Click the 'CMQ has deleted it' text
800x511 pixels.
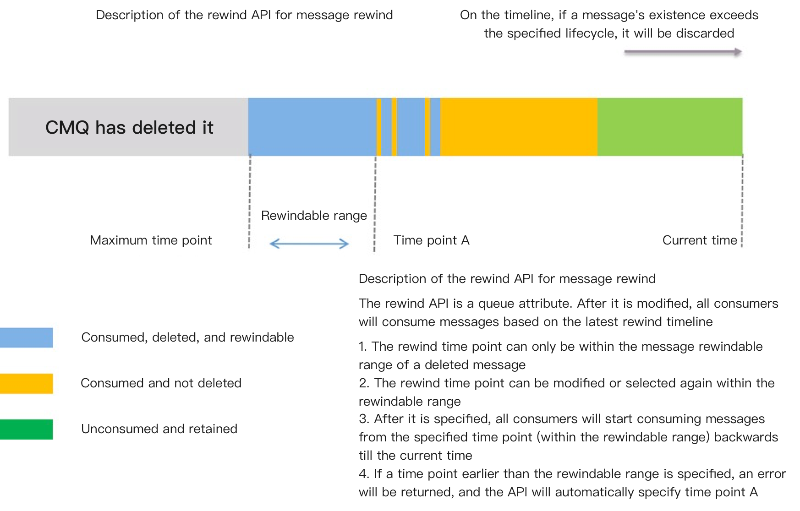tap(129, 127)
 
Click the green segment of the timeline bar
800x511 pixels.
tap(669, 127)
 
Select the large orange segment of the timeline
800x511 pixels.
tap(518, 127)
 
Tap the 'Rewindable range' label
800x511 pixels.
tap(314, 216)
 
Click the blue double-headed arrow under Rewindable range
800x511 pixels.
tap(310, 244)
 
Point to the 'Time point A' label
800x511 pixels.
tap(431, 240)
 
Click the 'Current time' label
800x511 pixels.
tap(699, 240)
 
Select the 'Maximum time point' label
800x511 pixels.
tap(151, 240)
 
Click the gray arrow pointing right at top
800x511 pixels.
tap(683, 52)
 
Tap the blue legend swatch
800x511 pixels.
tap(26, 337)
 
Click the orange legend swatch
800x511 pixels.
tap(26, 383)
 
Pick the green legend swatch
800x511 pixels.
tap(26, 429)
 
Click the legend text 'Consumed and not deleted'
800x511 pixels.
tap(161, 383)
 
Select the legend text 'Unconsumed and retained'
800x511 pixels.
tap(159, 429)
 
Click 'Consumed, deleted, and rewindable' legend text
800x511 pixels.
tap(187, 337)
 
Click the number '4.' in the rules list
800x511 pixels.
tap(364, 474)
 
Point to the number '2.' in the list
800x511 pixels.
tap(364, 383)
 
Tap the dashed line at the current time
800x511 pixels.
tap(742, 201)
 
